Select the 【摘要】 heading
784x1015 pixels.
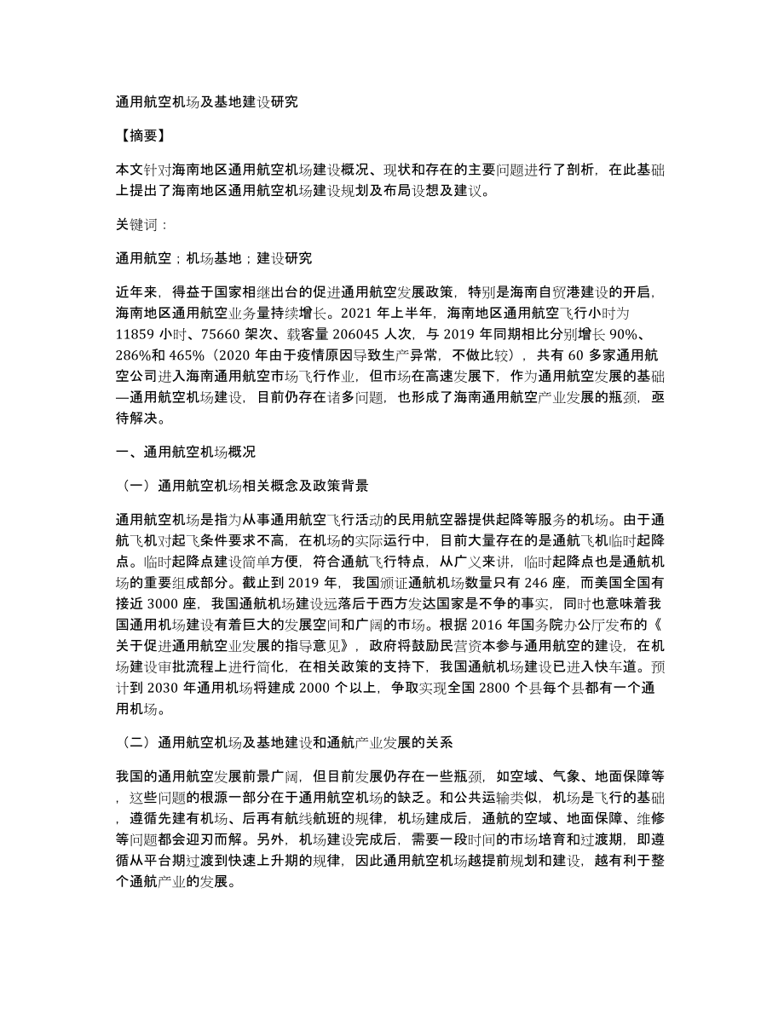pyautogui.click(x=141, y=136)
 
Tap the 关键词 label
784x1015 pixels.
pyautogui.click(x=141, y=225)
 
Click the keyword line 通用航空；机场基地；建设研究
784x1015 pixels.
pyautogui.click(x=214, y=258)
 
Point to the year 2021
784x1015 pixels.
pyautogui.click(x=345, y=312)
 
